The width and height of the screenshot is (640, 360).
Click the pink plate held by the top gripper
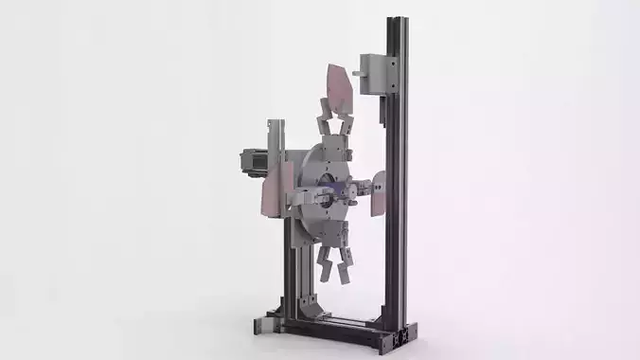338,86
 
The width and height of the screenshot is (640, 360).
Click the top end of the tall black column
396,22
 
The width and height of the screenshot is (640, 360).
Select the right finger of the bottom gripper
345,269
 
